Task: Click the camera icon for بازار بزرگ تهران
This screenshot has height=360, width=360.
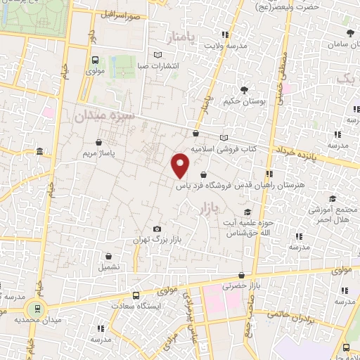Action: (156, 229)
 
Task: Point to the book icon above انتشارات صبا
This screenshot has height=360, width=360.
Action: (158, 55)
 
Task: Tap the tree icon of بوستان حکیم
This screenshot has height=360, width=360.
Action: (244, 90)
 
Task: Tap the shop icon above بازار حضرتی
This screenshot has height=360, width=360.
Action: (241, 275)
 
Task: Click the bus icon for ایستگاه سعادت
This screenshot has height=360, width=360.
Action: (136, 296)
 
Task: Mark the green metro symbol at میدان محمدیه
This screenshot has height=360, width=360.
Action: (33, 307)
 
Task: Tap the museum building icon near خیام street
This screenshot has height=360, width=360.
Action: (39, 152)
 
